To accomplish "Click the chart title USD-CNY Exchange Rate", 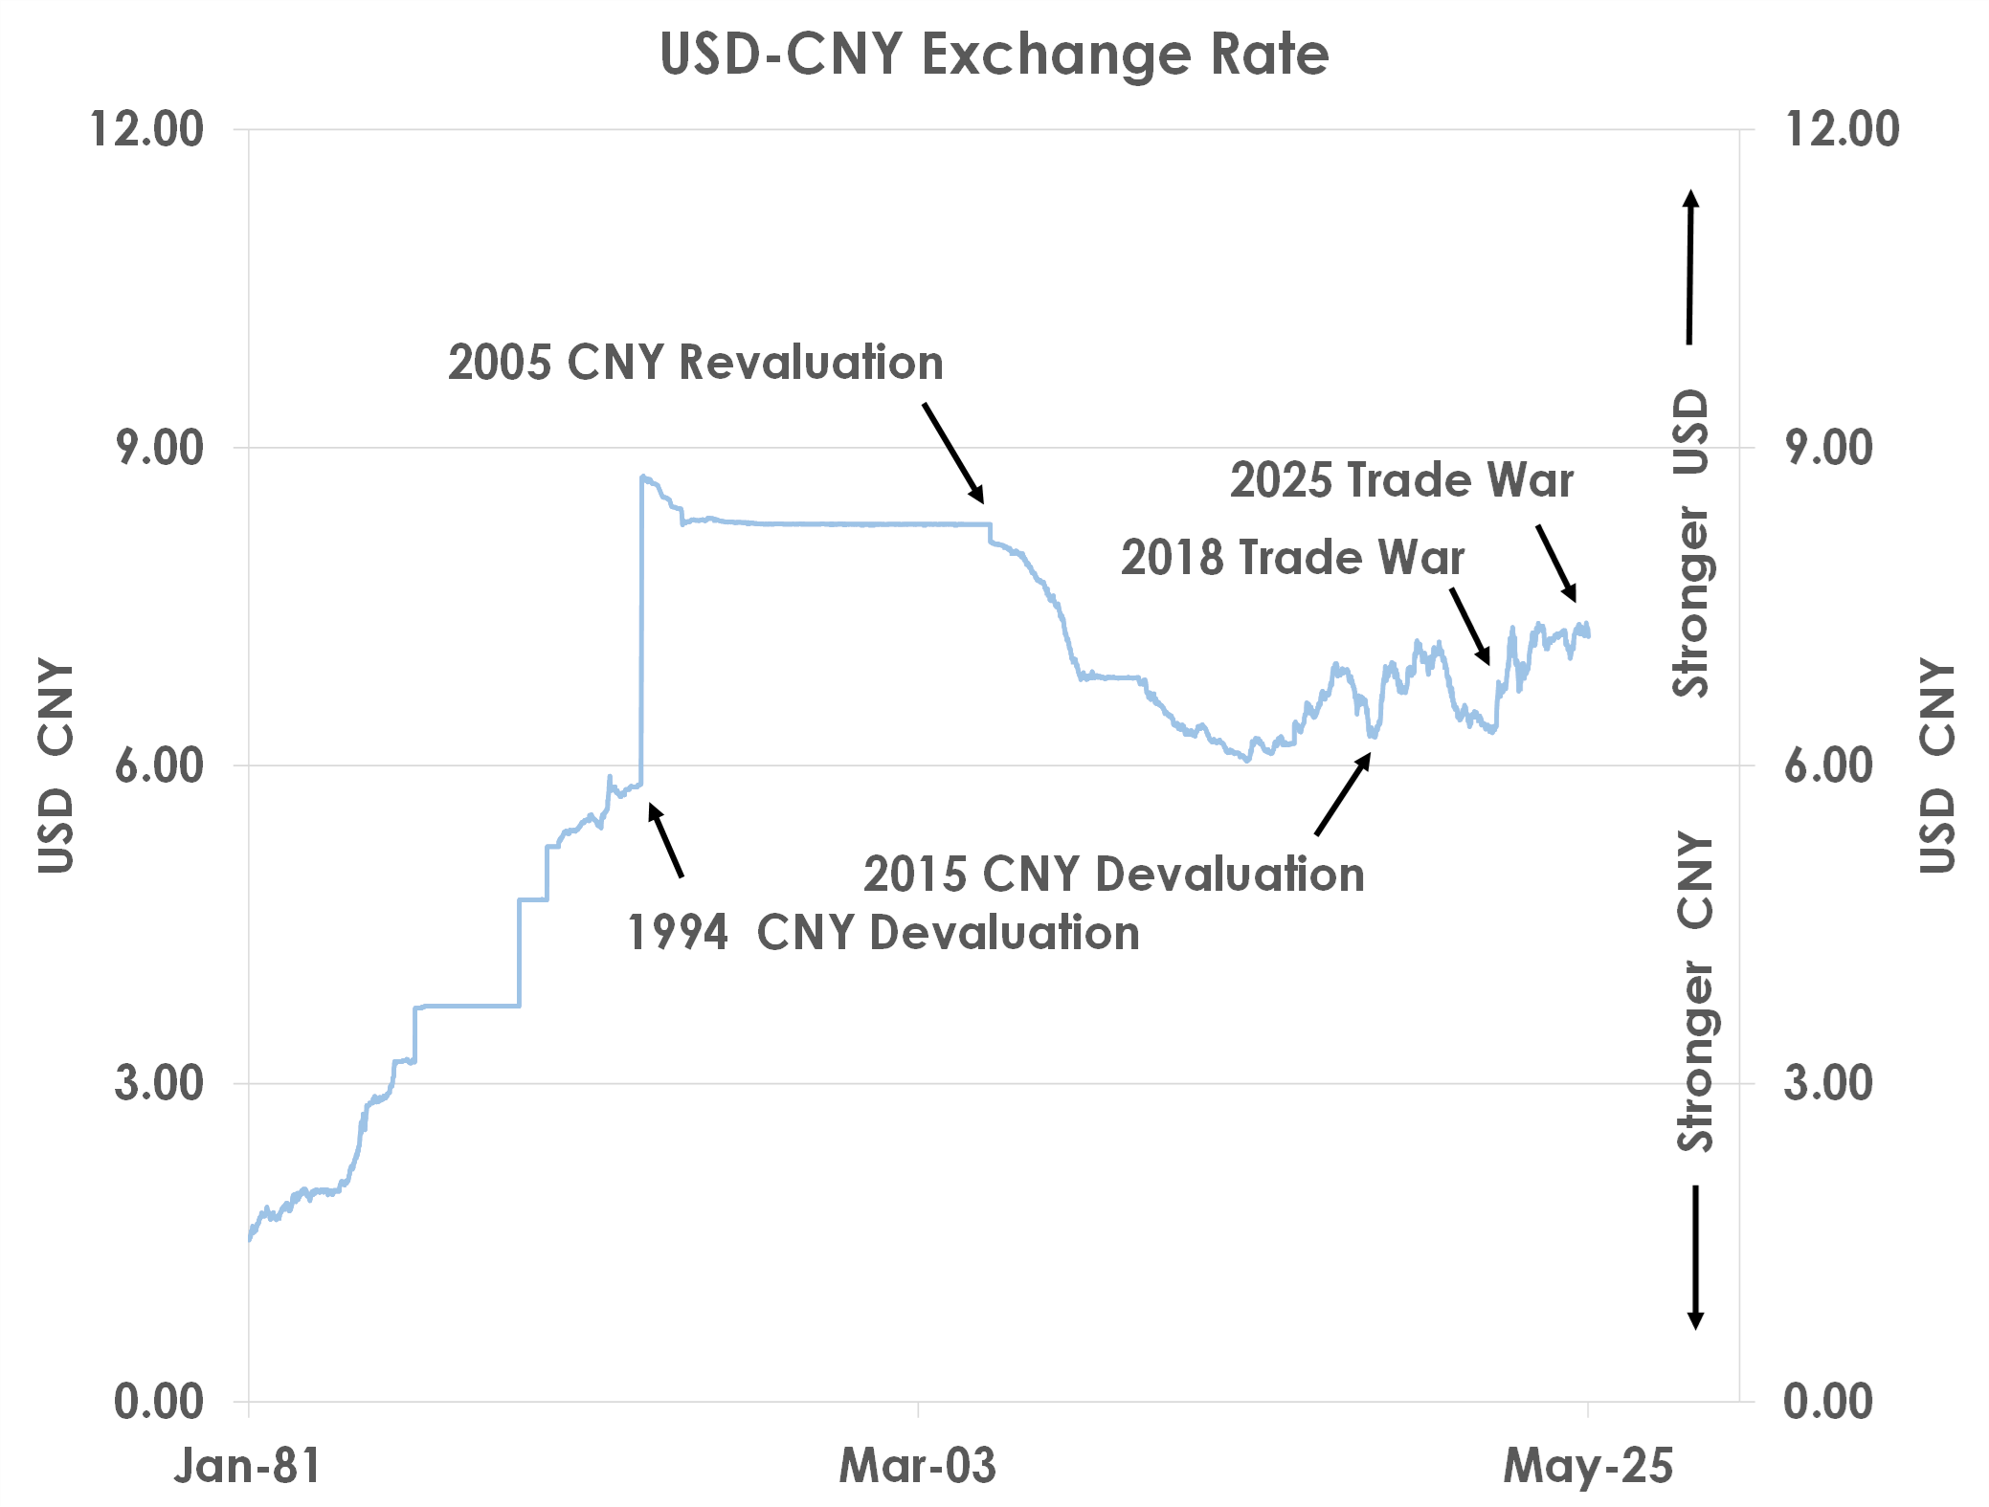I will pyautogui.click(x=994, y=55).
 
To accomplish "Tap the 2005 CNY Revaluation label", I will pyautogui.click(x=695, y=363).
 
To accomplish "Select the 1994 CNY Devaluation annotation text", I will pyautogui.click(x=883, y=933).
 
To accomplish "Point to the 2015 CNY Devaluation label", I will pyautogui.click(x=1113, y=875).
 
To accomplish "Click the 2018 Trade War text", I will pyautogui.click(x=1292, y=558).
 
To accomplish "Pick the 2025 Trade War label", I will pyautogui.click(x=1401, y=480).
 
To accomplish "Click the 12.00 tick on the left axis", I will pyautogui.click(x=146, y=129).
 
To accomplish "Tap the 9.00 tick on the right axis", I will pyautogui.click(x=1828, y=448).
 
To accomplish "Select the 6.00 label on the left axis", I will pyautogui.click(x=159, y=765).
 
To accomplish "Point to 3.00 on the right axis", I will pyautogui.click(x=1828, y=1083).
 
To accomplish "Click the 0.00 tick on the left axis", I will pyautogui.click(x=159, y=1402).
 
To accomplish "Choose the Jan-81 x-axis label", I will pyautogui.click(x=247, y=1465).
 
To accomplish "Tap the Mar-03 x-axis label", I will pyautogui.click(x=917, y=1465).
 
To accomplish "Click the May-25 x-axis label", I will pyautogui.click(x=1588, y=1465).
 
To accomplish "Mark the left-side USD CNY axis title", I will pyautogui.click(x=56, y=765).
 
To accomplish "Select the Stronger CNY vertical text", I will pyautogui.click(x=1695, y=990).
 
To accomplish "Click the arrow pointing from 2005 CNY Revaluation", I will pyautogui.click(x=952, y=453).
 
